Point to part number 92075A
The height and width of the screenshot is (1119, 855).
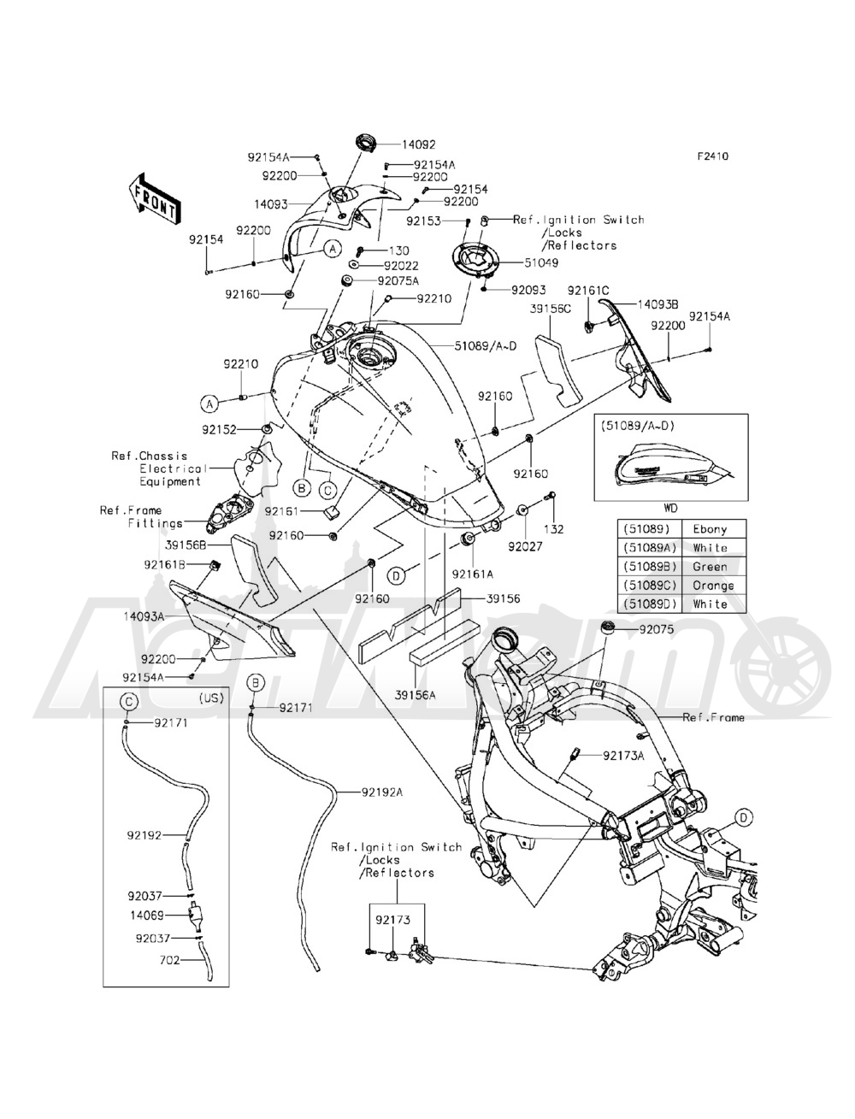click(x=395, y=280)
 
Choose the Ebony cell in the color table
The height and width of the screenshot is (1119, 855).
click(x=711, y=529)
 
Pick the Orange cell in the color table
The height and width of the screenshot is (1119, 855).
click(x=711, y=586)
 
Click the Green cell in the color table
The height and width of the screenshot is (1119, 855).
click(x=711, y=567)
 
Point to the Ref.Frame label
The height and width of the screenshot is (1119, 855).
click(x=713, y=717)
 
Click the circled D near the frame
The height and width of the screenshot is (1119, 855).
click(x=744, y=817)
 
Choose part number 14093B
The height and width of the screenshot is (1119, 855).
click(x=655, y=303)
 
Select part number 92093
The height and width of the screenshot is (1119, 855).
click(x=528, y=291)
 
